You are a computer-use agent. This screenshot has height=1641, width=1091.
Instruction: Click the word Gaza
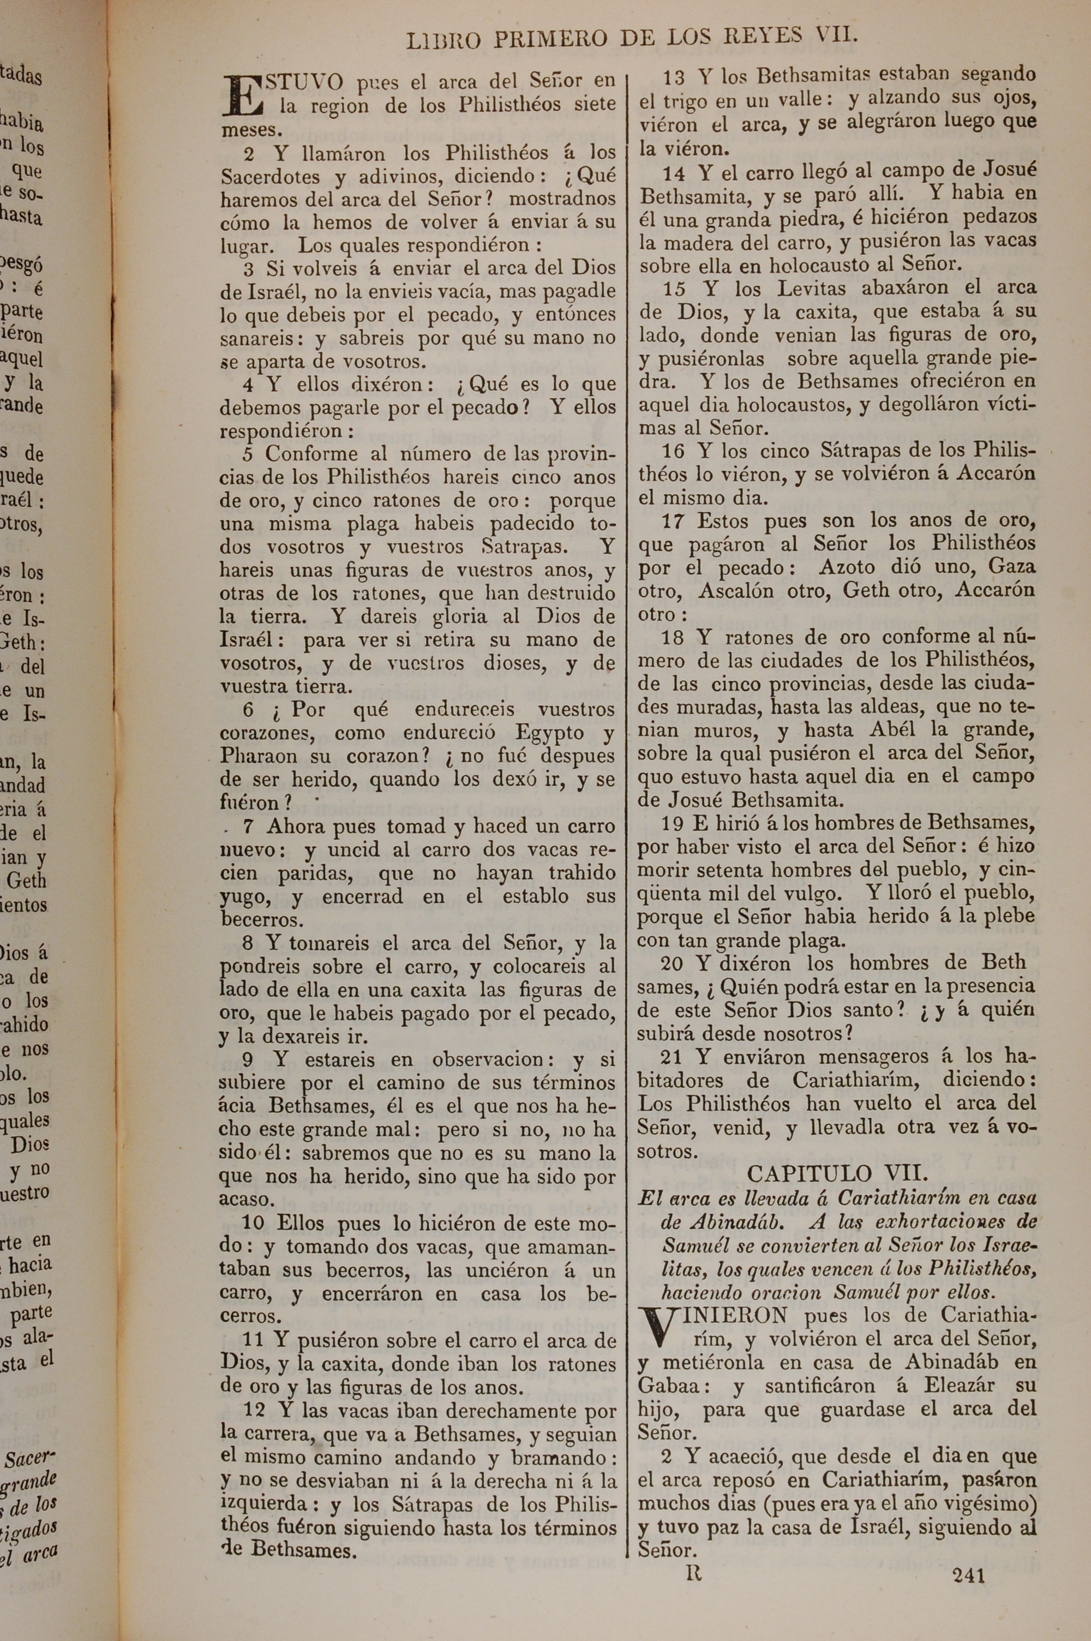coord(1012,566)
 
